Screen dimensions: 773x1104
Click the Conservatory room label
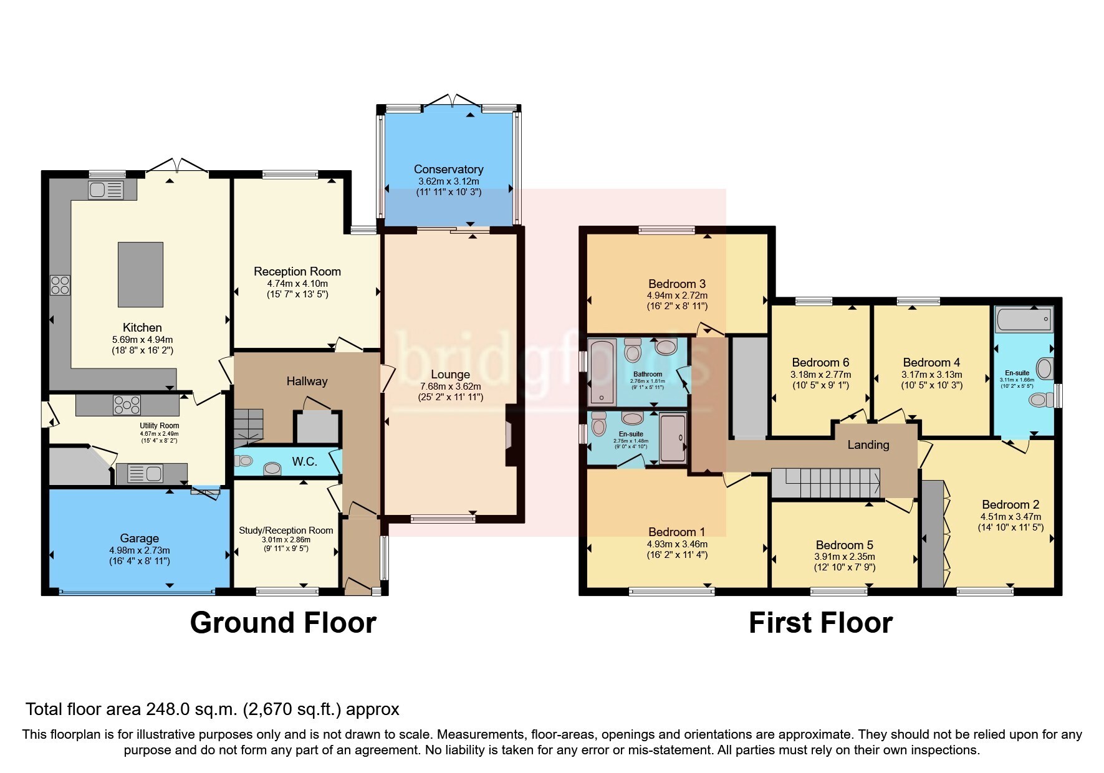[x=448, y=169]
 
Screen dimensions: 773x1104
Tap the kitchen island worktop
[x=141, y=274]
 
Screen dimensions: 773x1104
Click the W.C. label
[x=305, y=461]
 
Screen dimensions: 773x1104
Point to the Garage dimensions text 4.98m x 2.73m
[x=140, y=550]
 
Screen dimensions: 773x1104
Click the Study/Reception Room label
[x=286, y=530]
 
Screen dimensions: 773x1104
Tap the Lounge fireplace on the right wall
[x=510, y=435]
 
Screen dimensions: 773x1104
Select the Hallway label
[x=307, y=381]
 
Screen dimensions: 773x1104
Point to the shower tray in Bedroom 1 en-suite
[x=672, y=438]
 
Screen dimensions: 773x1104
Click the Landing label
[x=868, y=444]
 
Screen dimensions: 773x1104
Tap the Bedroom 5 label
[x=844, y=545]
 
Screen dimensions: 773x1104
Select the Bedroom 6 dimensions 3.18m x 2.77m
[x=820, y=375]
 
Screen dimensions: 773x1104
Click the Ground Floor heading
[x=282, y=622]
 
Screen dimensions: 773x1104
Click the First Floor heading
[x=820, y=622]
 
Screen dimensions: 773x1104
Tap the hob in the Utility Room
[x=127, y=405]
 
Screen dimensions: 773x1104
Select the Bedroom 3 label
[x=676, y=284]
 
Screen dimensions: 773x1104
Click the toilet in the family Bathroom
[x=632, y=351]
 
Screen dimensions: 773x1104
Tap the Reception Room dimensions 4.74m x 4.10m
[x=297, y=283]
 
